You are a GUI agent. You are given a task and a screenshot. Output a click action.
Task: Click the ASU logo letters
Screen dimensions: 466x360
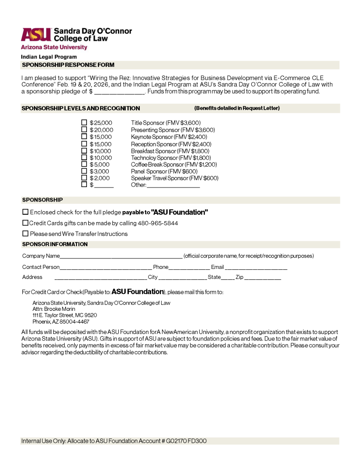[35, 35]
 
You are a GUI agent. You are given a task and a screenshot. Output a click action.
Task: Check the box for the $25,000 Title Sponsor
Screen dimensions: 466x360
[84, 122]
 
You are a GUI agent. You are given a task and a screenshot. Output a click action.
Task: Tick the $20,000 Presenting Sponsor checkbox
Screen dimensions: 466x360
[84, 129]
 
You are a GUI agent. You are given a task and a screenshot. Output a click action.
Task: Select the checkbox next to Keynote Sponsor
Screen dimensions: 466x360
[84, 137]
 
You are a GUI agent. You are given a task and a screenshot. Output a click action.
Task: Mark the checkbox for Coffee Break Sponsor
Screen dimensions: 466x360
[84, 164]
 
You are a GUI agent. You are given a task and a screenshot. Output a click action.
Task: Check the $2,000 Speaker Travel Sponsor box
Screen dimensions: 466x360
[84, 178]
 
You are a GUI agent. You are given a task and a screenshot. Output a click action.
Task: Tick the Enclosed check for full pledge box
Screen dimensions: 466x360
[25, 212]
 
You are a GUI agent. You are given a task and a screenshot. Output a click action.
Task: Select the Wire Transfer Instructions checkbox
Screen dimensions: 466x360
[25, 233]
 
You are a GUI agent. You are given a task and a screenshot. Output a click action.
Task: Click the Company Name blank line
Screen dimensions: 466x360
[121, 257]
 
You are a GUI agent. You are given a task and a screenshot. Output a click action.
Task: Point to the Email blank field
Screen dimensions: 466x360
[256, 268]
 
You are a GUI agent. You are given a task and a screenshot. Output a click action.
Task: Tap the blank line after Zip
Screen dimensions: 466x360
[263, 278]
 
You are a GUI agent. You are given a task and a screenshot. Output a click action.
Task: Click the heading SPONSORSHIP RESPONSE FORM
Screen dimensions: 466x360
[68, 65]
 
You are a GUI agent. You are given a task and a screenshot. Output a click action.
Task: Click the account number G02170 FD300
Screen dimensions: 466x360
[186, 441]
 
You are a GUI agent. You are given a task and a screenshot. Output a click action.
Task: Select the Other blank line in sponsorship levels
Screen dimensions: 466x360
[173, 186]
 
